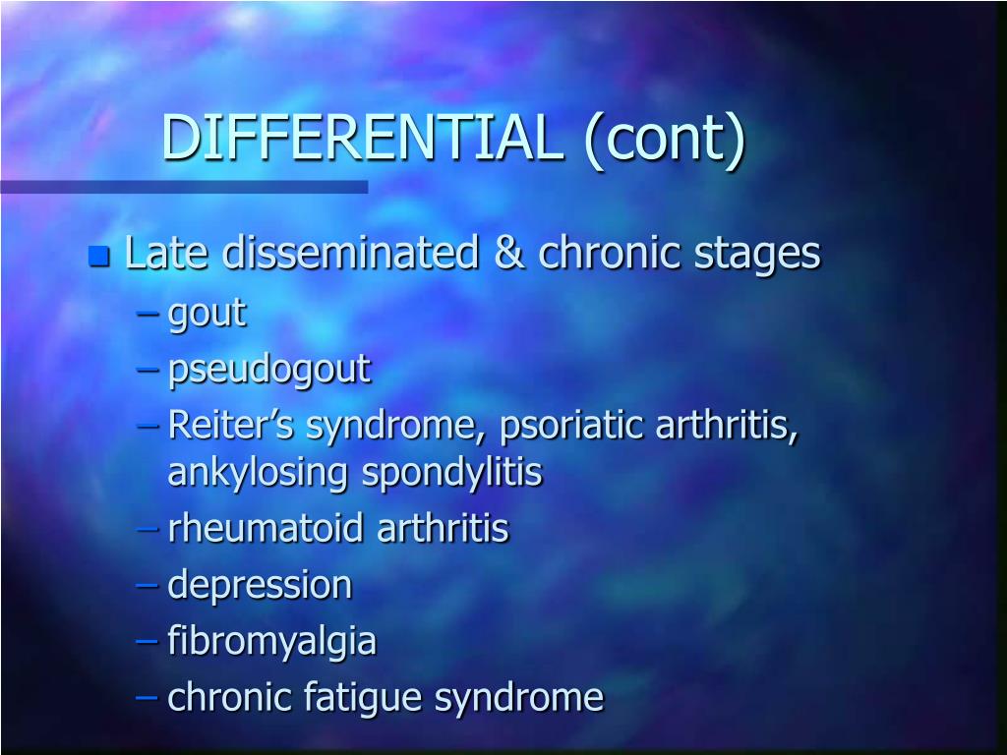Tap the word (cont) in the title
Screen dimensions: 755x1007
point(665,138)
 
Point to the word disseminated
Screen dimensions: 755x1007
point(350,254)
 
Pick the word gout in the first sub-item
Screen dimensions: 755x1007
point(207,315)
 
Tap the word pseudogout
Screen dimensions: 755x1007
point(268,371)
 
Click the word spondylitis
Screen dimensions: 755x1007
point(452,473)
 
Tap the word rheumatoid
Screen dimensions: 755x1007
point(267,529)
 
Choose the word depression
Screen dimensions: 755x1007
point(260,586)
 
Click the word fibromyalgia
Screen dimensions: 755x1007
point(271,642)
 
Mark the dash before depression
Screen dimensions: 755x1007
point(148,586)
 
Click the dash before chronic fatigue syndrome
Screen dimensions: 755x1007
point(148,698)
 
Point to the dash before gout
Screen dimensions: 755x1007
point(148,315)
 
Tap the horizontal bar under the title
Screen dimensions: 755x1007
point(184,186)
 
